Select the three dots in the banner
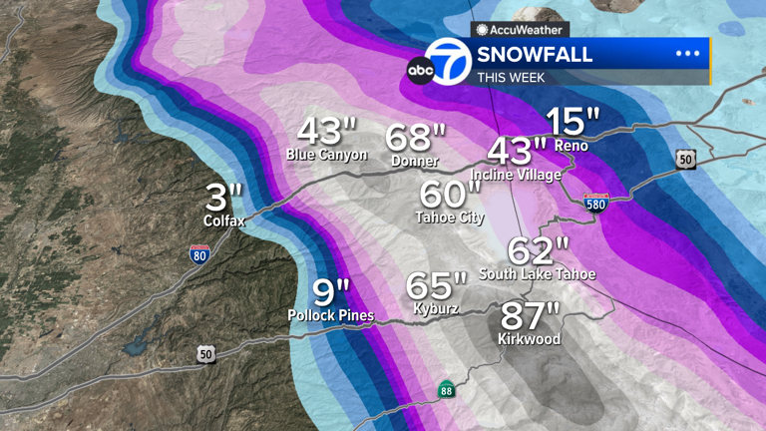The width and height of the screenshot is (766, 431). [688, 54]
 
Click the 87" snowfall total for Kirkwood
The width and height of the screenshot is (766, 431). [530, 317]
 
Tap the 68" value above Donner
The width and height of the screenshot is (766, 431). [416, 138]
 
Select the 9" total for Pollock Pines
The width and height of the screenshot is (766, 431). [330, 293]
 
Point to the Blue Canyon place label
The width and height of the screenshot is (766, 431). [327, 155]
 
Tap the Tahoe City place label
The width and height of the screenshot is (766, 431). [450, 216]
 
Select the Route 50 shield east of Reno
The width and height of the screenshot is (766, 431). [684, 159]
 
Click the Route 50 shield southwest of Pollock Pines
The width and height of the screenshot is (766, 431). [205, 355]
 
